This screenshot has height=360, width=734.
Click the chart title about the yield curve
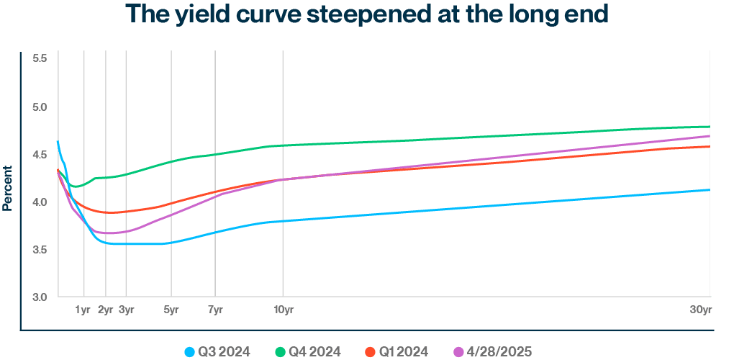tap(367, 14)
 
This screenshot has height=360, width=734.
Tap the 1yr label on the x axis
tap(84, 310)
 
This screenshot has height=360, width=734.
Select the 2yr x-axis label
tap(105, 310)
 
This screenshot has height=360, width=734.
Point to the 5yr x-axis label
tap(171, 310)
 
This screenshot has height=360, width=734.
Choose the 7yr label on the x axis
tap(215, 310)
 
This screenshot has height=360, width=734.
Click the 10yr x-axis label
tap(284, 310)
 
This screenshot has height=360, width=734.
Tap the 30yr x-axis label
tap(701, 310)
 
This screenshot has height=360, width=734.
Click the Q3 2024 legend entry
tap(217, 351)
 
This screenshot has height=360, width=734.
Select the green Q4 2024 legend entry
tap(307, 351)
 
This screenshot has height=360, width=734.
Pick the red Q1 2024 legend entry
tap(397, 351)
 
